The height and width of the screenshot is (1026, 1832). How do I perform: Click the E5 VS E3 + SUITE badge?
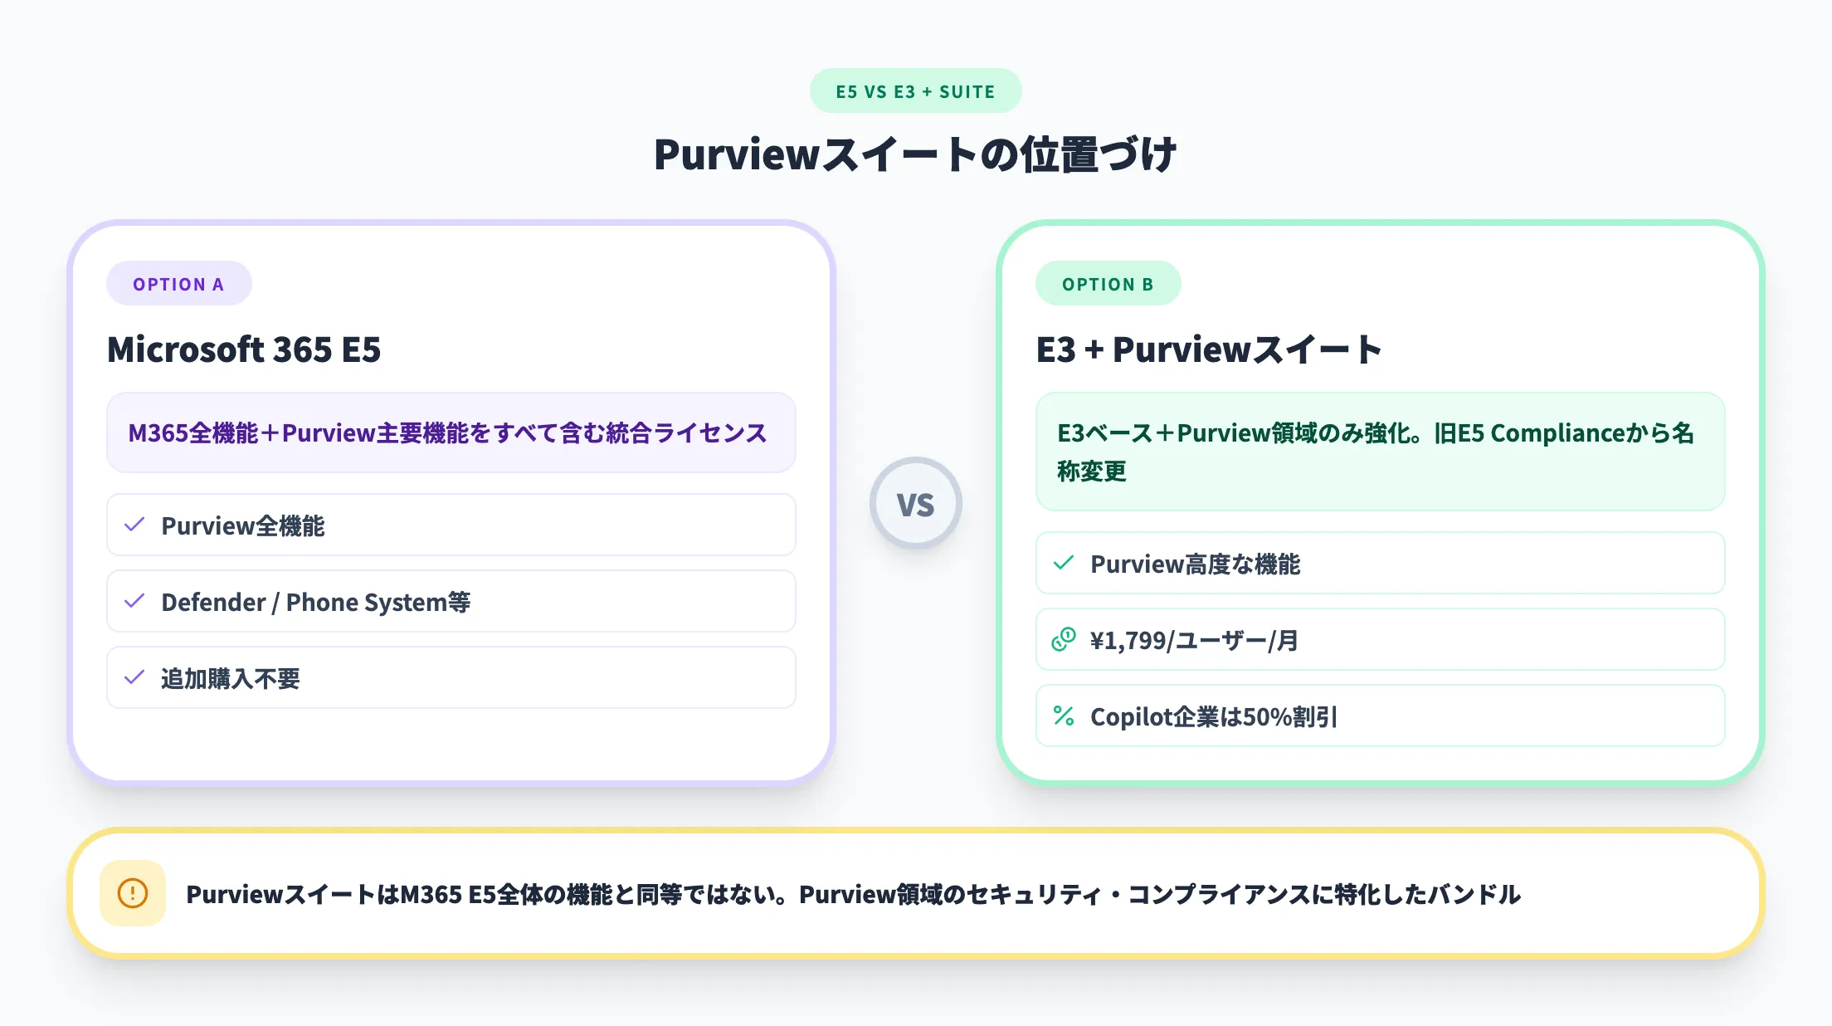[915, 91]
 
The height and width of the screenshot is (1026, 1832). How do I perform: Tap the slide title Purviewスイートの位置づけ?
[915, 154]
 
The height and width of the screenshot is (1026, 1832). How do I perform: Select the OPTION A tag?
[178, 284]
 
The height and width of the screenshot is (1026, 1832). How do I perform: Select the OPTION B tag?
[1108, 284]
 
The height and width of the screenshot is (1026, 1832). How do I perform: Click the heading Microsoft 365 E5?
[244, 349]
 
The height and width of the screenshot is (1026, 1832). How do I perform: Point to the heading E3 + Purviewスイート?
[1209, 349]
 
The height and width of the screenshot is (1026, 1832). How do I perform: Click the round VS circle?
[915, 503]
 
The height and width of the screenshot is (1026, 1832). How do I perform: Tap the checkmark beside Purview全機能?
[134, 525]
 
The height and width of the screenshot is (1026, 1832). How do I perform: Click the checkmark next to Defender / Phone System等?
[134, 601]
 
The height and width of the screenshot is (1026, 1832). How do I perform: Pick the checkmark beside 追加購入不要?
[134, 677]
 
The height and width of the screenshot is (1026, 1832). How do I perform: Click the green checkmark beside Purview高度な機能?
[1064, 563]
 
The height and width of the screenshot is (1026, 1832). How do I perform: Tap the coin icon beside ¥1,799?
[1064, 639]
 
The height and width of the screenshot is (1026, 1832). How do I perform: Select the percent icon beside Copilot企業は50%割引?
[1064, 716]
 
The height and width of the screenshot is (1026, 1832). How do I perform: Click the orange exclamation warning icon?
[133, 893]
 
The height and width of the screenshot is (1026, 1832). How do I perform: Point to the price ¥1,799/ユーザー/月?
[1194, 641]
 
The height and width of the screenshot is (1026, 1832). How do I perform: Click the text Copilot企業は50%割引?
[1213, 717]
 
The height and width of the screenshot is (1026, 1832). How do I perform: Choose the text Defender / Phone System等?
[315, 602]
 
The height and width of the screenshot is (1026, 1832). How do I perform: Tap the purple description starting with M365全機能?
[447, 432]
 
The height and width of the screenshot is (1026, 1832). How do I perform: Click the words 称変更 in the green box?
[1092, 471]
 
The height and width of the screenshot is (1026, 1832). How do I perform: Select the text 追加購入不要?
[231, 679]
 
